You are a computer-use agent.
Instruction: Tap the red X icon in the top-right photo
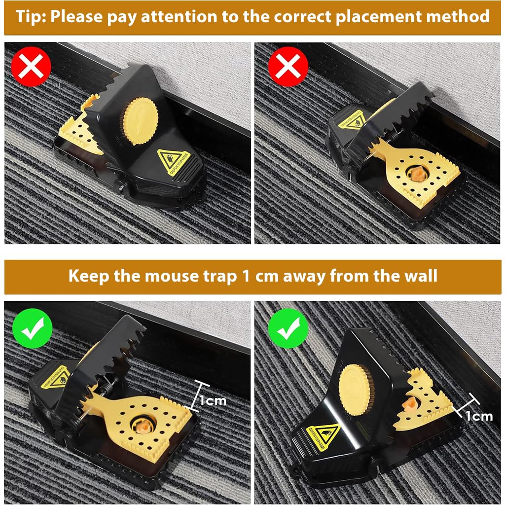[289, 67]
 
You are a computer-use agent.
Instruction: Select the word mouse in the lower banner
[167, 275]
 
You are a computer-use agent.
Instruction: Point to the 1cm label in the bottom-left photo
[214, 400]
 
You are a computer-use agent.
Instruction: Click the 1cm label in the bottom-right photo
[479, 416]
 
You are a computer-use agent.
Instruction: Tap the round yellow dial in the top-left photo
[140, 121]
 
